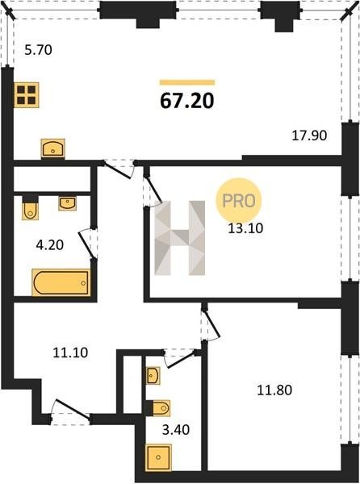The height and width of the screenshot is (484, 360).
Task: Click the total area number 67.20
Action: (187, 101)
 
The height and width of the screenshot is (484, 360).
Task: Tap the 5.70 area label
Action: (38, 50)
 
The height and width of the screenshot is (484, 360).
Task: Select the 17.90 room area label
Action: (309, 136)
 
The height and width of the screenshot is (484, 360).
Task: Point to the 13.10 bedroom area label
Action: (245, 228)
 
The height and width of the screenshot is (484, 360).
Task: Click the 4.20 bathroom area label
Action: (50, 245)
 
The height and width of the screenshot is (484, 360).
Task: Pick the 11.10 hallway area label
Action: (70, 353)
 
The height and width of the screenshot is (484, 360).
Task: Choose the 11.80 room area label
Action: (274, 390)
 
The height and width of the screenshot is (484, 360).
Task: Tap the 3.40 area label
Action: (176, 430)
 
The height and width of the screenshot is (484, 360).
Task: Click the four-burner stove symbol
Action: (27, 95)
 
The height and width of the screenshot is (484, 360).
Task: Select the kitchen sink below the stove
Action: (52, 148)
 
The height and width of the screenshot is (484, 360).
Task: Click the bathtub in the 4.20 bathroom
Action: (61, 283)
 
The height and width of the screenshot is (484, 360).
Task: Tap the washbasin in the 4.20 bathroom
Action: (68, 204)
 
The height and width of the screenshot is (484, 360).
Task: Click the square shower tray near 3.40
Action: (158, 457)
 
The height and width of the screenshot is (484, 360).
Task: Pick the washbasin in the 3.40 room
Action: (153, 376)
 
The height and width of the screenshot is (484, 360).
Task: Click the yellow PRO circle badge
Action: (238, 201)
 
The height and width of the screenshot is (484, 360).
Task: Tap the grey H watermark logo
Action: (180, 238)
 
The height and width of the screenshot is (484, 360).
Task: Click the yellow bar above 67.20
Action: (187, 82)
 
